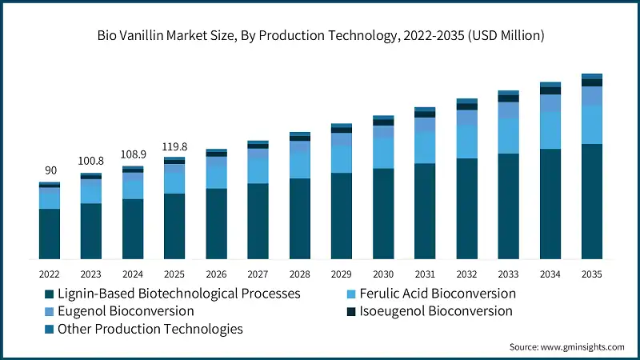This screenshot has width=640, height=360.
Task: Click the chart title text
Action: pyautogui.click(x=320, y=34)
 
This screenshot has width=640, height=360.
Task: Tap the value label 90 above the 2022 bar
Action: pyautogui.click(x=50, y=170)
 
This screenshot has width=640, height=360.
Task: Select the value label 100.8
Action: pyautogui.click(x=91, y=162)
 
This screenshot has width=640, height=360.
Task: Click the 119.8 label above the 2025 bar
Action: pyautogui.click(x=174, y=146)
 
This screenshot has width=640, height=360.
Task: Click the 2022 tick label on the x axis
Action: pyautogui.click(x=50, y=274)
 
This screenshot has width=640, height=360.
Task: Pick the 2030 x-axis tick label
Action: pyautogui.click(x=383, y=274)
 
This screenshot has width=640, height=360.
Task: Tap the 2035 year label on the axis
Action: pyautogui.click(x=591, y=274)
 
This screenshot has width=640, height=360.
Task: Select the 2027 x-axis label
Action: pyautogui.click(x=258, y=274)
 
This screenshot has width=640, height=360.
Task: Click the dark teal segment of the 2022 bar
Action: pyautogui.click(x=50, y=234)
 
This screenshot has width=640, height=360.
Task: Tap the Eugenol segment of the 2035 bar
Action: pyautogui.click(x=591, y=96)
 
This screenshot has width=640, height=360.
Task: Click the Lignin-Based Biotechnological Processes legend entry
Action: pyautogui.click(x=173, y=294)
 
